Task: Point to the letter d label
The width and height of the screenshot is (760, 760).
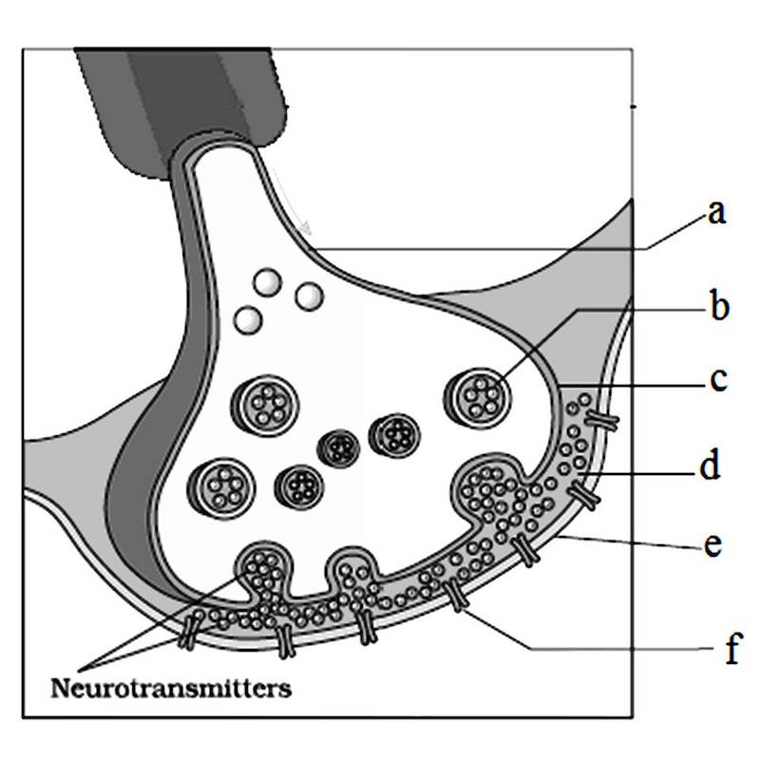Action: click(x=712, y=466)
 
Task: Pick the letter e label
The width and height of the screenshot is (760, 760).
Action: click(x=715, y=546)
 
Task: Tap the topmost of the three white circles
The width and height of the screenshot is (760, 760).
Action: click(x=269, y=281)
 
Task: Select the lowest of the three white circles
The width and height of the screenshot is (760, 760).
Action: click(x=249, y=320)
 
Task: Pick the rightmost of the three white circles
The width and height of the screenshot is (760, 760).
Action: click(x=310, y=295)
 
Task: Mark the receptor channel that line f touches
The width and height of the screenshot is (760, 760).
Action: click(x=455, y=596)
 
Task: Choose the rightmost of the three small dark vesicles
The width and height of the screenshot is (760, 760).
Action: click(x=393, y=434)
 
